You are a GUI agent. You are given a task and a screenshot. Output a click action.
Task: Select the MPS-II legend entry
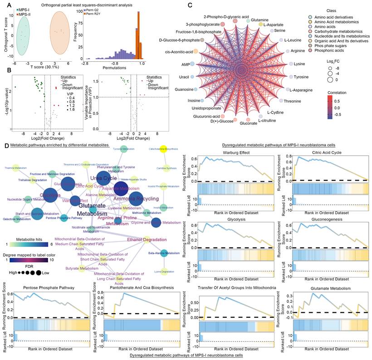click(x=24, y=14)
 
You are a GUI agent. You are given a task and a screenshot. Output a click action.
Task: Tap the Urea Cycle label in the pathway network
click(x=103, y=178)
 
